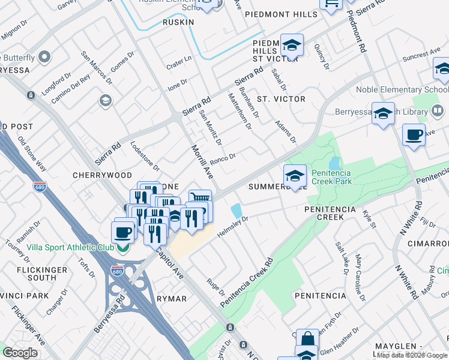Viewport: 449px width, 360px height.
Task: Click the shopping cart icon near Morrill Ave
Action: [x=200, y=198]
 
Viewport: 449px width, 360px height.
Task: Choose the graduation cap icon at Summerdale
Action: [x=295, y=175]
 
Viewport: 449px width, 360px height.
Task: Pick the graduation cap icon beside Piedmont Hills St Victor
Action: [x=292, y=45]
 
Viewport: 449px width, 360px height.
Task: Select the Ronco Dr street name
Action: [x=222, y=160]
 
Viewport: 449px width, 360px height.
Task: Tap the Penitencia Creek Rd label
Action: [x=247, y=284]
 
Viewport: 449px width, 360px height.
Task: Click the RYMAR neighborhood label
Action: [x=171, y=298]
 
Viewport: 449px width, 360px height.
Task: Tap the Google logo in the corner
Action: [x=20, y=352]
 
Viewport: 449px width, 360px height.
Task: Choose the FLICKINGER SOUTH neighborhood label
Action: [x=41, y=274]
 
